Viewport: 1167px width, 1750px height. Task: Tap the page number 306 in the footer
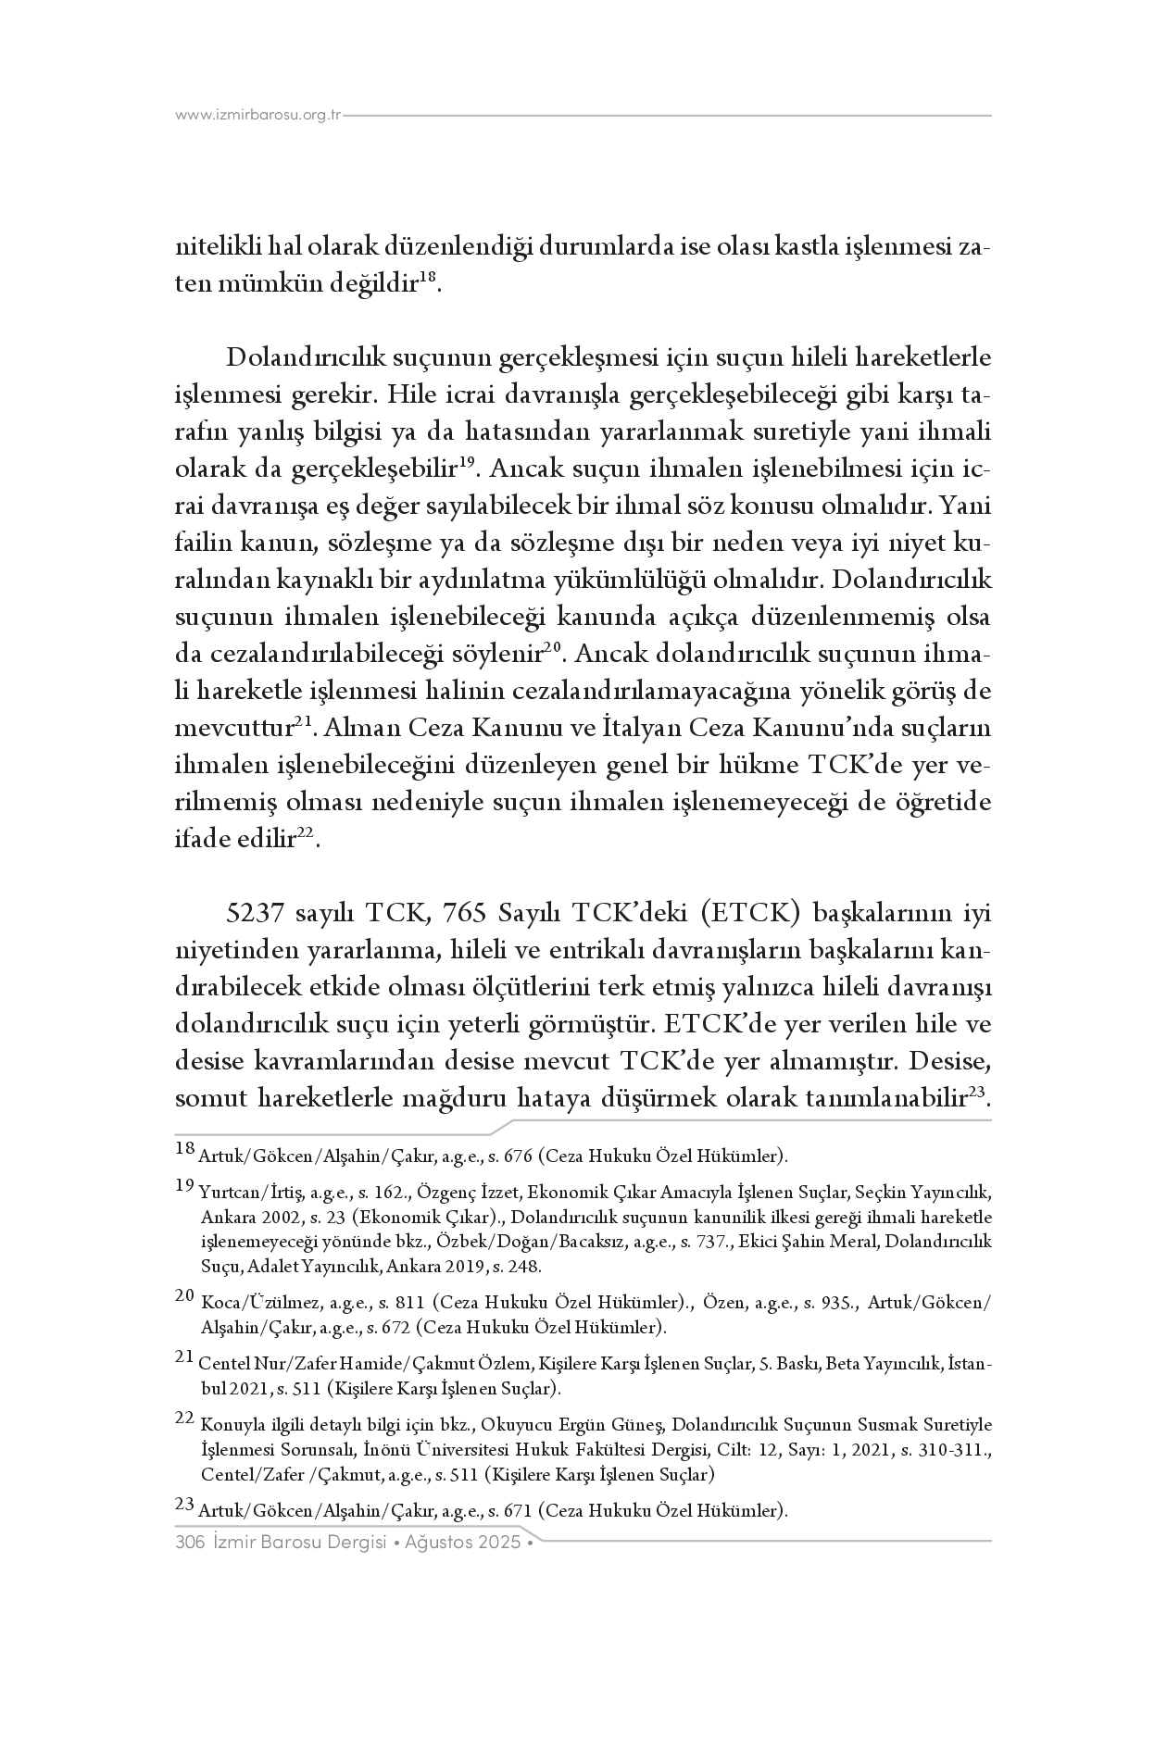189,1543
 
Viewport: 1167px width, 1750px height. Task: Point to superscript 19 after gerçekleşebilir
468,463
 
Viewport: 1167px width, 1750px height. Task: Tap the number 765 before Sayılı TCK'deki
466,914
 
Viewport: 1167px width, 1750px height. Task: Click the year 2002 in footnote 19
276,1217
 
